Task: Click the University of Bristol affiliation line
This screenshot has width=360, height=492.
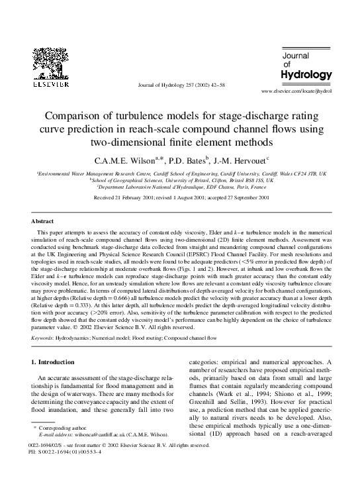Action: [x=180, y=179]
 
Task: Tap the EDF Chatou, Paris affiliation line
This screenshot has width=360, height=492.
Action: [x=180, y=187]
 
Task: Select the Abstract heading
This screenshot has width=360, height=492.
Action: [x=42, y=221]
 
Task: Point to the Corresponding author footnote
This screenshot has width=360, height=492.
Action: [x=60, y=428]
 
